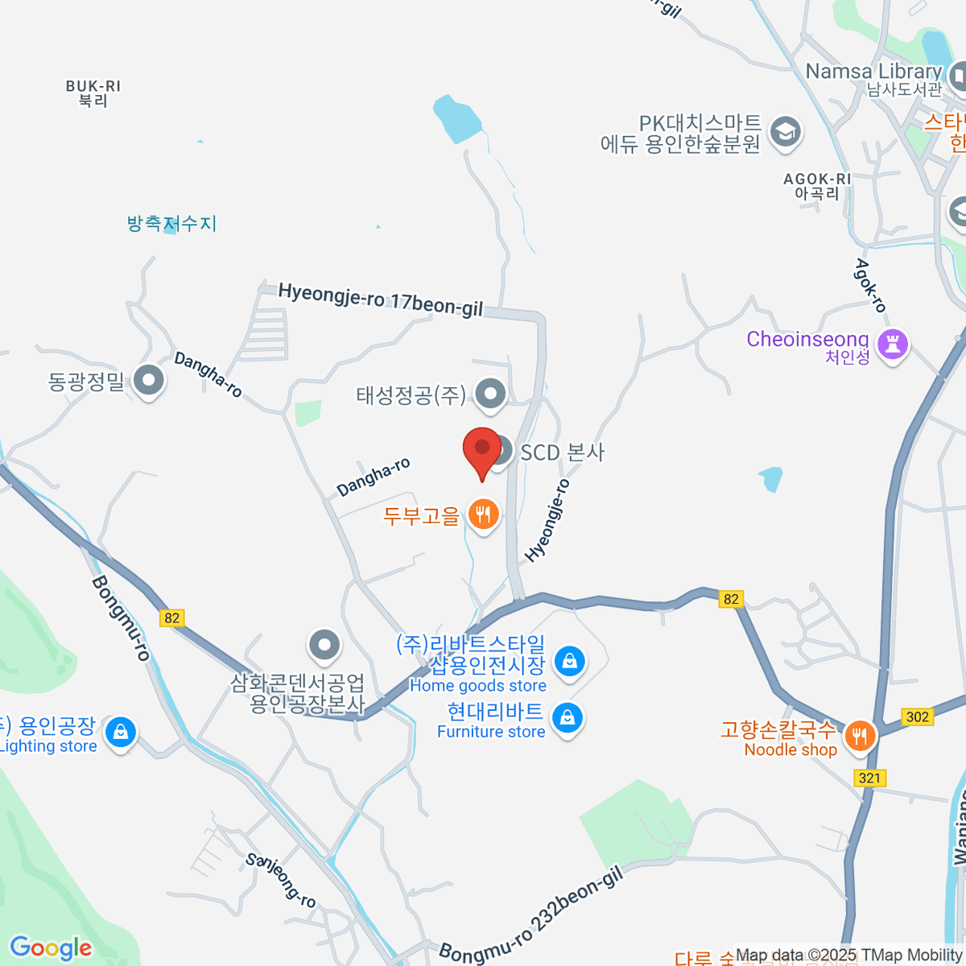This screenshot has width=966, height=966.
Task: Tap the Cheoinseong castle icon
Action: point(891,344)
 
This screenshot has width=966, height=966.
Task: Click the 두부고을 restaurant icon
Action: point(483,514)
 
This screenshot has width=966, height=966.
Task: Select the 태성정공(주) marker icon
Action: point(489,394)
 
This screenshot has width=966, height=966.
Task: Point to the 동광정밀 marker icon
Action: point(148,380)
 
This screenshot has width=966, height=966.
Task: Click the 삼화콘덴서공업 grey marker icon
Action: point(325,644)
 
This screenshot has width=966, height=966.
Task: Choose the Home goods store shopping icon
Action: point(570,662)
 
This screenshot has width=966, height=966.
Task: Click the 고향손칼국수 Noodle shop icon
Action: point(860,735)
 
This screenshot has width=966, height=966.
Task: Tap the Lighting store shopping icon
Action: point(120,732)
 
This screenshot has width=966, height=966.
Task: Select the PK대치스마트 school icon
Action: point(786,131)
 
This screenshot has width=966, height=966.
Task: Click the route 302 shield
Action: point(917,716)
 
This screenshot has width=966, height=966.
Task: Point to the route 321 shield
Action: point(869,778)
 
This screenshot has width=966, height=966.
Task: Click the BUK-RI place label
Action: point(93,93)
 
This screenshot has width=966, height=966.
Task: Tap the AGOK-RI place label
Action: point(816,186)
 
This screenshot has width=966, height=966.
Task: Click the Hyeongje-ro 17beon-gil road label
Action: point(381,299)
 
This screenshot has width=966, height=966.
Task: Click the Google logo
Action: point(51,948)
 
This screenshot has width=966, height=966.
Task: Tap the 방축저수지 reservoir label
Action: point(171,223)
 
